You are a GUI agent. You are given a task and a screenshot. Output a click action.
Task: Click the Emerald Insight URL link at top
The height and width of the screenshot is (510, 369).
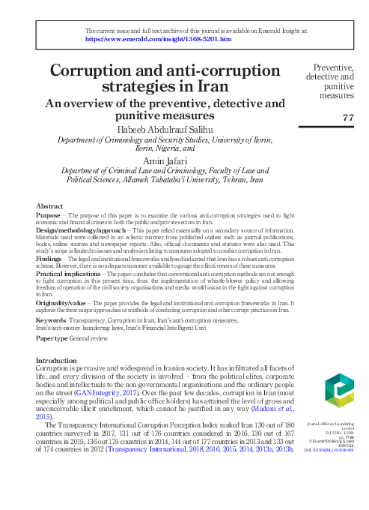[x=149, y=39]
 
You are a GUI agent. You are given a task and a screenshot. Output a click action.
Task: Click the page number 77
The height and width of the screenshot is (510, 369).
[x=347, y=118]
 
